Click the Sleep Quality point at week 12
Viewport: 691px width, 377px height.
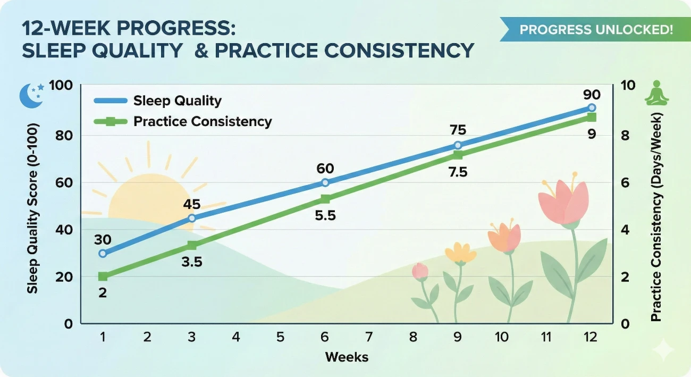592,108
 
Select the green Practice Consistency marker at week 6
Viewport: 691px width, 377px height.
325,199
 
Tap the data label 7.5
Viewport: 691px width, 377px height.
457,173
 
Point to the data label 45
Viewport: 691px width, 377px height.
192,204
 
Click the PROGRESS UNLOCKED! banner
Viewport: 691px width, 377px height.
595,29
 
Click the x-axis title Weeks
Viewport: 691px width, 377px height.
347,356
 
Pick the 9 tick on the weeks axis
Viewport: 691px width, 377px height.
458,337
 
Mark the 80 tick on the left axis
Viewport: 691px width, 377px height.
65,136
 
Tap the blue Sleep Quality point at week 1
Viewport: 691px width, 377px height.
103,253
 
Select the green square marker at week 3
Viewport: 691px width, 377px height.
192,245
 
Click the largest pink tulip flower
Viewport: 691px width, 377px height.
563,201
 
